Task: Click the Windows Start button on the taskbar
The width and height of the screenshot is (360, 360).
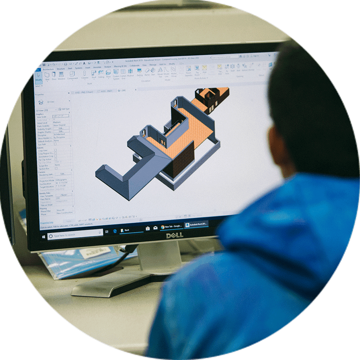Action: click(43, 236)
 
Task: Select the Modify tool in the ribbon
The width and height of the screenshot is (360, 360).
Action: click(38, 77)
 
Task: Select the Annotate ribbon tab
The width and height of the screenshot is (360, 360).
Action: click(97, 67)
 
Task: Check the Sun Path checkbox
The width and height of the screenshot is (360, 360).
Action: click(55, 144)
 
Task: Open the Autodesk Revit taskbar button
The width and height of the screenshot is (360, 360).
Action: click(196, 225)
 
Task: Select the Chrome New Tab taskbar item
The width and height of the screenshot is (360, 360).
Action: click(171, 227)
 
